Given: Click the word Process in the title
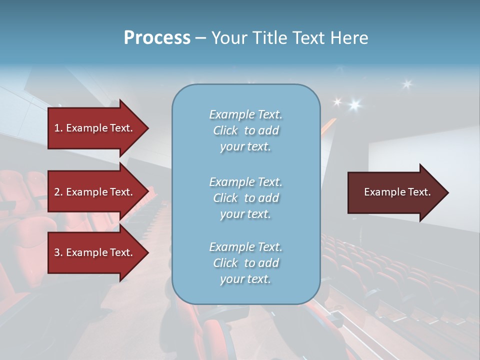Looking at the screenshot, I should coord(157,38).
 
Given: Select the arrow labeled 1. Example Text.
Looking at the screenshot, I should coord(95,128).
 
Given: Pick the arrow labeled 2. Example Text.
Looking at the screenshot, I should coord(95,192).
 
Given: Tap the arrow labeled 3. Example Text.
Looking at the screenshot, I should coord(95,252).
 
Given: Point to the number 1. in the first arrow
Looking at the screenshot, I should coord(58,128).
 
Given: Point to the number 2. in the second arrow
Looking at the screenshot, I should coord(58,192).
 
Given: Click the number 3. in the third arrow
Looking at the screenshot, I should coord(58,252).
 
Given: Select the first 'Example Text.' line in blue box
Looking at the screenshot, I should coord(245,114).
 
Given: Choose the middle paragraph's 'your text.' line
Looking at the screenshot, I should coord(245,214).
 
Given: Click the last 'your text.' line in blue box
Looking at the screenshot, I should coord(245,279).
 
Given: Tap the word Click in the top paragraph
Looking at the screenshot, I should coord(225,130).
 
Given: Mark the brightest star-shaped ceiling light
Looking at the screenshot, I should coord(355,105).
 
